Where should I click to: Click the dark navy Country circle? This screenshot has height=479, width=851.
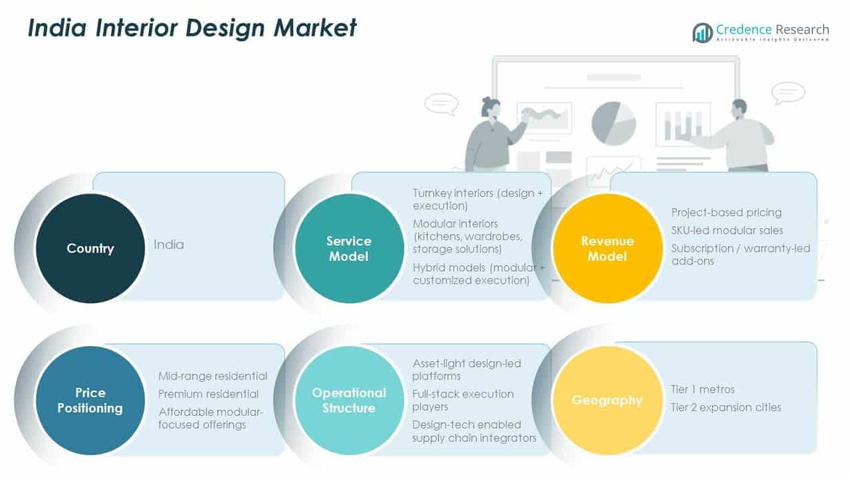90,248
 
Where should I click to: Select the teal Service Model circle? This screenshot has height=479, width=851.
349,248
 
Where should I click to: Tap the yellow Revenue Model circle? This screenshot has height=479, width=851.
608,248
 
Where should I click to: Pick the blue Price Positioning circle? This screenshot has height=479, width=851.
90,400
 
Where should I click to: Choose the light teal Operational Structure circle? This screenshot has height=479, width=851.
349,400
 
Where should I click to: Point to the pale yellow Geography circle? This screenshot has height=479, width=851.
608,400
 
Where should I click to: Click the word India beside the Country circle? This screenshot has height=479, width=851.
169,244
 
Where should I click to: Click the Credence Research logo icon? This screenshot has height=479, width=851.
702,32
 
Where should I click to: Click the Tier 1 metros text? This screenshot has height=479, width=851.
703,389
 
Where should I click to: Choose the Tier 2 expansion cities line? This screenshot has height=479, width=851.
726,406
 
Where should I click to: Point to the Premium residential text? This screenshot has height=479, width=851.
208,394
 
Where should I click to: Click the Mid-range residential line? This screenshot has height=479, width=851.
213,376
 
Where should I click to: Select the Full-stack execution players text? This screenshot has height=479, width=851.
463,400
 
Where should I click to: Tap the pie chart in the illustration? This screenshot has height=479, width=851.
613,123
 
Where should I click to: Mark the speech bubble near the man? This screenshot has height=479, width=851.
788,93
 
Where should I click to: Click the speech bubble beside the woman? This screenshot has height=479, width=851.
441,104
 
